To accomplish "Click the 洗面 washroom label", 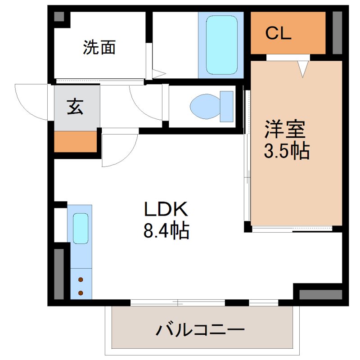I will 99,47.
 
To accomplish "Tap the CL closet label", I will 279,33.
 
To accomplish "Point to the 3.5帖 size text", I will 287,152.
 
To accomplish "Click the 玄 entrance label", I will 76,108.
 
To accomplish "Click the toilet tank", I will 226,107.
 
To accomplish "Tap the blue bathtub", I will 221,45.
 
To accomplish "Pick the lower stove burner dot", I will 81,293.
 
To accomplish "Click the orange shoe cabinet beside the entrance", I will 76,141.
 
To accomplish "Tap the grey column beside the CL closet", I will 337,32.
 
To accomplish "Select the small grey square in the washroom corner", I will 59,17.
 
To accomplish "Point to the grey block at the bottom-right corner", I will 320,295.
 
